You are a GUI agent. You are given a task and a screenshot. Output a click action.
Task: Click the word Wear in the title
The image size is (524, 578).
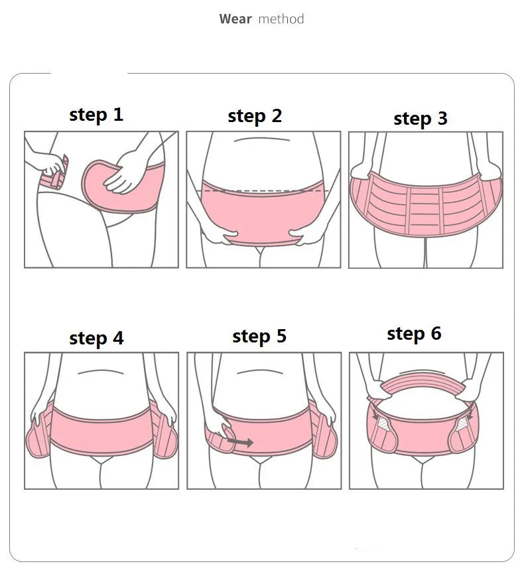point(235,19)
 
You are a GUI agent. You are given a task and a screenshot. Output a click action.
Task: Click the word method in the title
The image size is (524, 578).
point(281,19)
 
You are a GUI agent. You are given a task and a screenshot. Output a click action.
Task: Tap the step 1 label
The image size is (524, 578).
point(96,115)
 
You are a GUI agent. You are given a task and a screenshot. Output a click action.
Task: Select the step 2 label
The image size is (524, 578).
point(255,116)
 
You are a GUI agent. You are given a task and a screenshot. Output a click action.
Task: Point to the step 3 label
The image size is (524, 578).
point(421,119)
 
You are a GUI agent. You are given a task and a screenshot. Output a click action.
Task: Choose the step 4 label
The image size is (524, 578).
point(96,338)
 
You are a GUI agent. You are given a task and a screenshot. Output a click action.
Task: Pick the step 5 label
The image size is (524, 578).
point(259,336)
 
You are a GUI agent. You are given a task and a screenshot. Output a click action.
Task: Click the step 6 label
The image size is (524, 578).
point(414,333)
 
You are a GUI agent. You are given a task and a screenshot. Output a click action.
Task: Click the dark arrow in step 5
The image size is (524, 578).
point(239,441)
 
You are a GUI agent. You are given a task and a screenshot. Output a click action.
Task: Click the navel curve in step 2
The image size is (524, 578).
point(263,140)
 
